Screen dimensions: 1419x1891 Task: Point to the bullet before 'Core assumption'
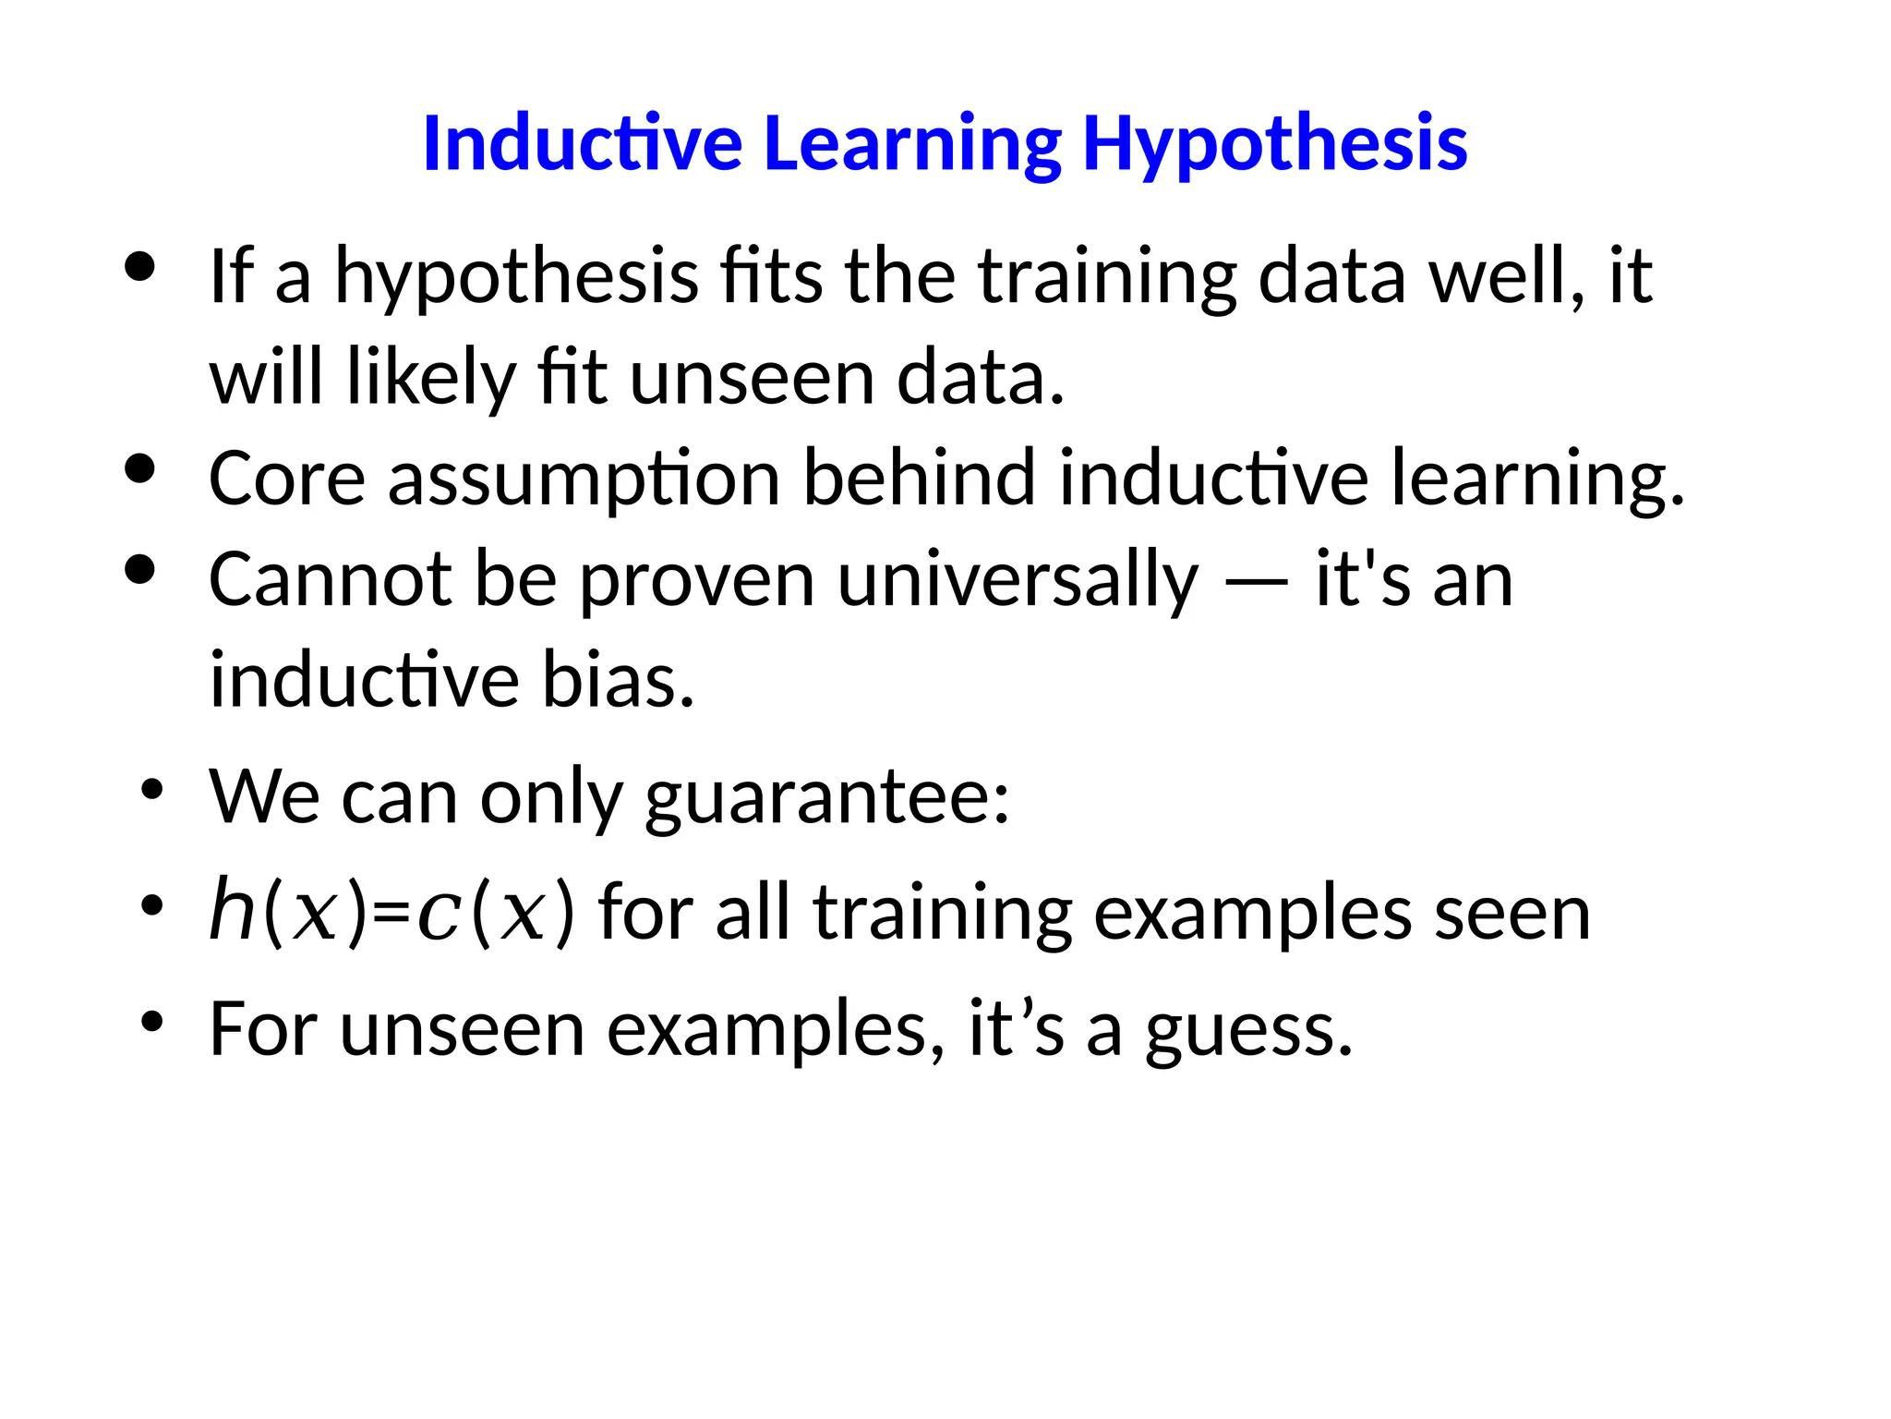tap(139, 468)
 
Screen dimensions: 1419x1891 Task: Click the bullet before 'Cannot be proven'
tap(139, 570)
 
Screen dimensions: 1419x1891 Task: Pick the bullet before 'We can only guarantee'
tap(152, 790)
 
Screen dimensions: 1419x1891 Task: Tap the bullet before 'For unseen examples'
tap(152, 1022)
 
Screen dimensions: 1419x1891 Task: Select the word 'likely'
tap(430, 378)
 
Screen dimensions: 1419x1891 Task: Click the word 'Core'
tap(287, 479)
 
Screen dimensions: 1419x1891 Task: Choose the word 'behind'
tap(919, 478)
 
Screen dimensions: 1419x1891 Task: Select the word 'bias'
tap(617, 680)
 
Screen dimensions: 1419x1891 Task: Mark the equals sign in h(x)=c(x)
tap(392, 914)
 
